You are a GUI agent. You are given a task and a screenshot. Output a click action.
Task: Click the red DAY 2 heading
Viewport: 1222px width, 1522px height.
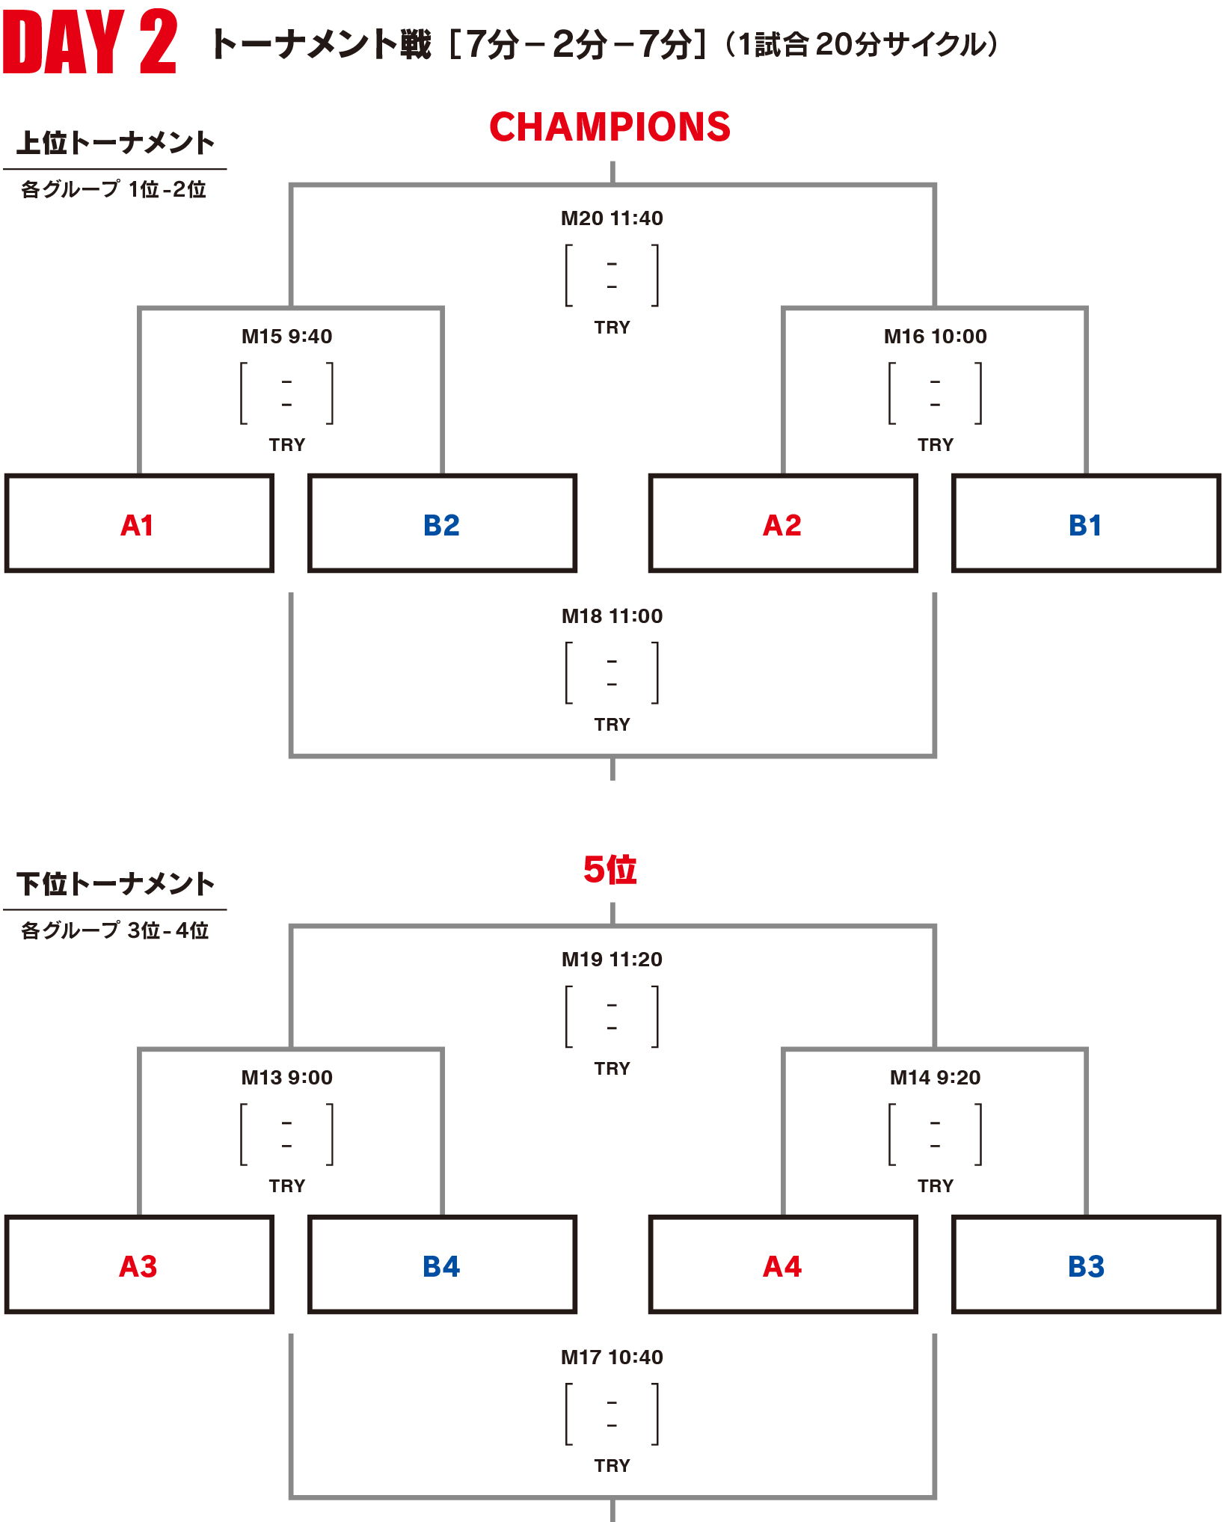coord(90,43)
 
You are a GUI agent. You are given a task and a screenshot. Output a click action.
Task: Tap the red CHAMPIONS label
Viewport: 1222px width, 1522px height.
coord(610,127)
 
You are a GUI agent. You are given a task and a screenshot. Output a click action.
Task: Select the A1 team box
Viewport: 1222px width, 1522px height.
coord(139,524)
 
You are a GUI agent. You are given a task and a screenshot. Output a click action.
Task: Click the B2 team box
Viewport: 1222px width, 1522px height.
coord(442,524)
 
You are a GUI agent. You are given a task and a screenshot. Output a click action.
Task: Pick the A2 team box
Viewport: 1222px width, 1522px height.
coord(783,524)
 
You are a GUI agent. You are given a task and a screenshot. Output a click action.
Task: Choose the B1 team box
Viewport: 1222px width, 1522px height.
coord(1086,524)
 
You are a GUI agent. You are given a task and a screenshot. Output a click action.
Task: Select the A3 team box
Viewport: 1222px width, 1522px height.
coord(139,1265)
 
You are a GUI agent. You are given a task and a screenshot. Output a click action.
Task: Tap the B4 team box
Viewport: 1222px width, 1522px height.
coord(442,1265)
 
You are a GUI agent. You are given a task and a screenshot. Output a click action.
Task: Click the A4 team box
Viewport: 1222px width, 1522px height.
coord(783,1265)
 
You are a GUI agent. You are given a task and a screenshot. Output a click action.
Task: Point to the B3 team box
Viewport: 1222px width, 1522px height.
coord(1086,1265)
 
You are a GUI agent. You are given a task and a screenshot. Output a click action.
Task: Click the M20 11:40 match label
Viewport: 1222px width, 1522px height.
coord(612,218)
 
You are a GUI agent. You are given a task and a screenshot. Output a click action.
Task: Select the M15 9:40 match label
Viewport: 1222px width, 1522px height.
coord(287,337)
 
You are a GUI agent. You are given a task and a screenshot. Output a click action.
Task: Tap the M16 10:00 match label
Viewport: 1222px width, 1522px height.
coord(936,337)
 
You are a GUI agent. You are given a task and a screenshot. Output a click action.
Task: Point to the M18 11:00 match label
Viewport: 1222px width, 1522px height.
coord(612,616)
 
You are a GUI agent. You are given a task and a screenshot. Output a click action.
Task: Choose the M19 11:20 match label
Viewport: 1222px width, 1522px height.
coord(612,960)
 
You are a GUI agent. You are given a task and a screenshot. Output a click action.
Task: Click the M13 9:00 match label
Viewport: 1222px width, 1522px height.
coord(287,1078)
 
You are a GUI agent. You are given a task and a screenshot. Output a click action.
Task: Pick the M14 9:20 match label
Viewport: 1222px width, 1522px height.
coord(936,1078)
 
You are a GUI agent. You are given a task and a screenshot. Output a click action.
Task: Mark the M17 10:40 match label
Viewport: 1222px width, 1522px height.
coord(612,1357)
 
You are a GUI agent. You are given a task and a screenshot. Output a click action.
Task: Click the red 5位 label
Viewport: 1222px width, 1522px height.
coord(610,870)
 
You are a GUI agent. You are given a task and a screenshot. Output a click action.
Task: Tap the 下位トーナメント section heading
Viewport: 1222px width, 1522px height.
coord(116,884)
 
